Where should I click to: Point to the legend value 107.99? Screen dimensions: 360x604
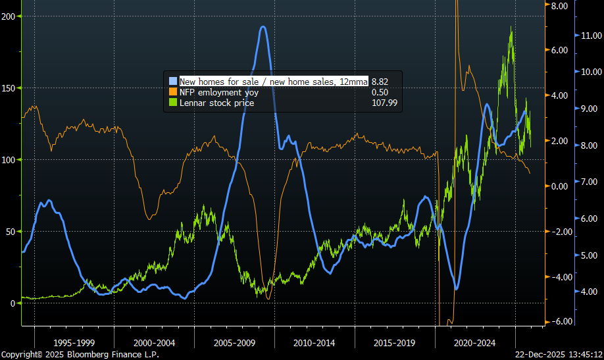[384, 103]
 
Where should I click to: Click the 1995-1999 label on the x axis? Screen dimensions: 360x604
[74, 342]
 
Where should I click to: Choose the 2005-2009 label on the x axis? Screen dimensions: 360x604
[234, 342]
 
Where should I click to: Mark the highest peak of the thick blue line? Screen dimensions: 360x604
[263, 27]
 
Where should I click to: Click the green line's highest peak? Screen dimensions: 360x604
[511, 28]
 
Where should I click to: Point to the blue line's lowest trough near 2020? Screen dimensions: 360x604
[457, 288]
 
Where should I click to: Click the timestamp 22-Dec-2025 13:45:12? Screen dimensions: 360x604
[559, 354]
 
